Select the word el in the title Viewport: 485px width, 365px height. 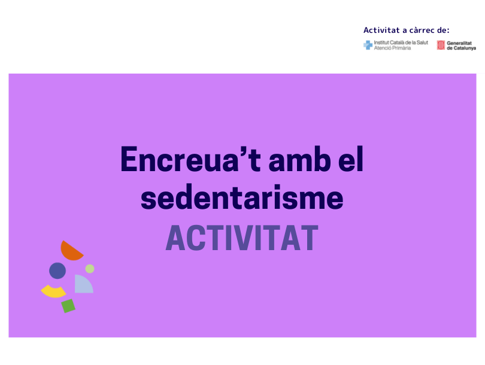351,159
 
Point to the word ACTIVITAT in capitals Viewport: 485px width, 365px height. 242,238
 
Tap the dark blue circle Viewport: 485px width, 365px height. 57,270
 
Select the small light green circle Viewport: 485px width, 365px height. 90,269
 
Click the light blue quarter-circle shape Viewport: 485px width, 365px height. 82,285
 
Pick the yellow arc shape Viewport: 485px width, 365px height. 53,292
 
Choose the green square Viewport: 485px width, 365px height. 68,306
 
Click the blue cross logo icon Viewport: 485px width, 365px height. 368,45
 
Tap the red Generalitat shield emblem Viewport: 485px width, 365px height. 441,45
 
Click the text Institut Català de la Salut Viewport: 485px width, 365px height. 401,42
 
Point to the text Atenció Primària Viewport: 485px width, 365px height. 392,48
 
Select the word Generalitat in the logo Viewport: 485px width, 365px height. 459,43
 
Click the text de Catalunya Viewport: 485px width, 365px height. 461,48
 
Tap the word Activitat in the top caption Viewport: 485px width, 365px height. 381,30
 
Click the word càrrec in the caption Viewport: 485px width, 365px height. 422,31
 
